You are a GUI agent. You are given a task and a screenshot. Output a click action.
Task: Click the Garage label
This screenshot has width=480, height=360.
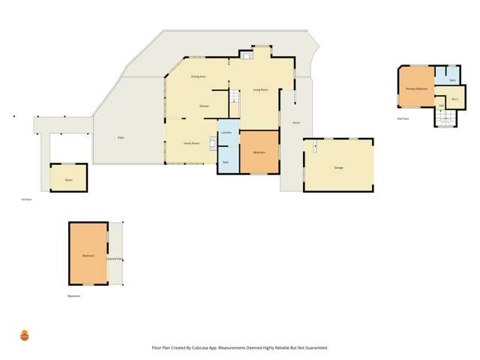[x=338, y=167]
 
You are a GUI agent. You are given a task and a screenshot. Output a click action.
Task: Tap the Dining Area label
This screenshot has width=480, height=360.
[x=198, y=76]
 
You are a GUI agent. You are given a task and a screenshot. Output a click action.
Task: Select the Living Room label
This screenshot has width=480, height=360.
[x=260, y=90]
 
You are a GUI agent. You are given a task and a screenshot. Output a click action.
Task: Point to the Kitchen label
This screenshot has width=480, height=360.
[x=203, y=106]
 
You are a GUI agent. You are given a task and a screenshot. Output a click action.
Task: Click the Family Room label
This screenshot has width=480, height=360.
[x=191, y=142]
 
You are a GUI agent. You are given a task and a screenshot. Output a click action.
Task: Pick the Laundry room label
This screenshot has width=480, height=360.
[x=226, y=133]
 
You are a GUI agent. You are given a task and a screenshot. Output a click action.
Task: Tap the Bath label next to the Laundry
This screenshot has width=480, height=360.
[x=225, y=162]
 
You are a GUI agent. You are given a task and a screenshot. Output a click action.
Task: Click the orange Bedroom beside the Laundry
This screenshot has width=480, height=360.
[x=259, y=152]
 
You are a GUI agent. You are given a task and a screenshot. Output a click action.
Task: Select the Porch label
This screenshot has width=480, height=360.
[x=296, y=122]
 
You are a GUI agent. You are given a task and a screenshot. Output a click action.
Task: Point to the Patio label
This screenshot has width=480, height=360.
[x=120, y=137]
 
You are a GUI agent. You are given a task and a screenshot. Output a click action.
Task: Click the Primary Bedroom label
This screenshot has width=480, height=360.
[x=416, y=88]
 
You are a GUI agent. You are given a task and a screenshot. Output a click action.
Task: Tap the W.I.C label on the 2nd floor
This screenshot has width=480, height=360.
[x=454, y=99]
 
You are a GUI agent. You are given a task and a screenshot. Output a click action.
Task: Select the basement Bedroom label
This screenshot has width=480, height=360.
[x=88, y=256]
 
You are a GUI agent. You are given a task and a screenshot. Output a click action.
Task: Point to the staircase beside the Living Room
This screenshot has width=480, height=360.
[x=233, y=100]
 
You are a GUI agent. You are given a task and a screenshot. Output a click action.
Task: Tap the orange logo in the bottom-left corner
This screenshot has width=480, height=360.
[x=25, y=335]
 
